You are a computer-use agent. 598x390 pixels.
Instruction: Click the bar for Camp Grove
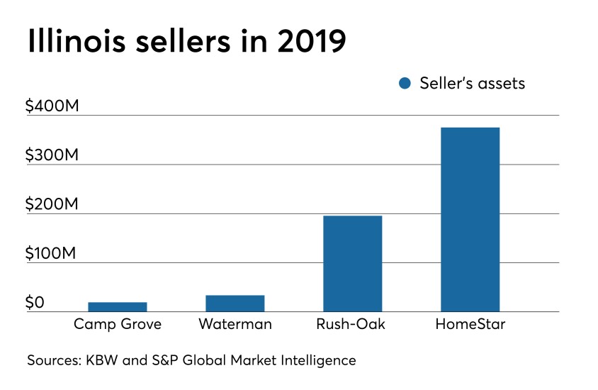point(118,306)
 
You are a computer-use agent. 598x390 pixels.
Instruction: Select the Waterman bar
point(235,303)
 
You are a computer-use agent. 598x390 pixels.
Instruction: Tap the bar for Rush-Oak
point(352,263)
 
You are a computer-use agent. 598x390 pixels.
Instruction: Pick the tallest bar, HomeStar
point(470,219)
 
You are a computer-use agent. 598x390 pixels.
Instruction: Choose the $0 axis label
point(35,303)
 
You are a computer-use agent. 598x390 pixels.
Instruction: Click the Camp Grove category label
point(118,325)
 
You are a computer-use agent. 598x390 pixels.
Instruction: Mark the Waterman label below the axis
point(235,325)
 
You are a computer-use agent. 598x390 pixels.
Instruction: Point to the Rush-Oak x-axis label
point(352,325)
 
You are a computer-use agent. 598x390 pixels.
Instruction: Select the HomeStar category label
point(470,325)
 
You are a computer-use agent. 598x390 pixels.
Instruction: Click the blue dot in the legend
point(405,84)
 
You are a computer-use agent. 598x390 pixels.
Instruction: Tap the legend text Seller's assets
point(472,83)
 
